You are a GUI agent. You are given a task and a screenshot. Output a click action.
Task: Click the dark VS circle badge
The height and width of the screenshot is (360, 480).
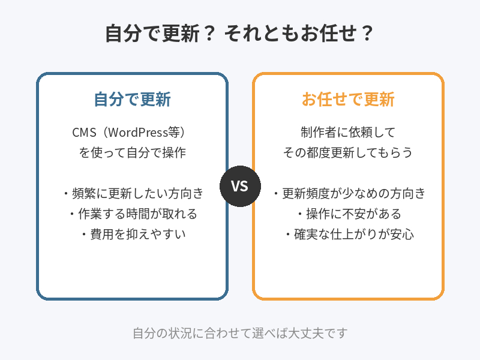pyautogui.click(x=241, y=186)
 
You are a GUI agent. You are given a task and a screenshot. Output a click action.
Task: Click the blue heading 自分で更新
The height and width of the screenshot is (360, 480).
pyautogui.click(x=132, y=99)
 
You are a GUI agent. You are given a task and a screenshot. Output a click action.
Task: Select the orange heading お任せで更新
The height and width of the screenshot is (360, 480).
pyautogui.click(x=348, y=99)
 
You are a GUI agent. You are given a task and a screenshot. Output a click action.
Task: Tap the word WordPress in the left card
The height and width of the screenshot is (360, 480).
pyautogui.click(x=138, y=132)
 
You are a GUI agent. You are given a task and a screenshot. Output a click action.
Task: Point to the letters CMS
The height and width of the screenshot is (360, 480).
pyautogui.click(x=84, y=133)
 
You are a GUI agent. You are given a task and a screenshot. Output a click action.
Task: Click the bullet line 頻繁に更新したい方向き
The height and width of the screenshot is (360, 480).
pyautogui.click(x=133, y=193)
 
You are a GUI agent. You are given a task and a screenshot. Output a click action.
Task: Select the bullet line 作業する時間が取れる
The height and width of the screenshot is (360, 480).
pyautogui.click(x=133, y=214)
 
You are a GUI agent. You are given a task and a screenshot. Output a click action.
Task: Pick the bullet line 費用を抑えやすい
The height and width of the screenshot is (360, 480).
pyautogui.click(x=133, y=234)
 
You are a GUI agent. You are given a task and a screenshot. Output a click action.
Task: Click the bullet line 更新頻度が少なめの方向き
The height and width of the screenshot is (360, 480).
pyautogui.click(x=349, y=193)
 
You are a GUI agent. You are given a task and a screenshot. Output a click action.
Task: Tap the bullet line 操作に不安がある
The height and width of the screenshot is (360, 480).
pyautogui.click(x=349, y=214)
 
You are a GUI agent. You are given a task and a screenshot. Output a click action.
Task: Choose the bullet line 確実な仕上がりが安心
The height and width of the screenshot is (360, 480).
pyautogui.click(x=349, y=234)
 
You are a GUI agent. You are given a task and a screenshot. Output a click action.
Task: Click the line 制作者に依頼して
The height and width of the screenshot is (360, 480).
pyautogui.click(x=348, y=132)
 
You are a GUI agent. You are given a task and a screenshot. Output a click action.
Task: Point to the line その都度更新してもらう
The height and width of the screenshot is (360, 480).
pyautogui.click(x=348, y=152)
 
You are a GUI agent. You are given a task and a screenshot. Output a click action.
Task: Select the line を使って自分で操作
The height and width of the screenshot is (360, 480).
pyautogui.click(x=132, y=152)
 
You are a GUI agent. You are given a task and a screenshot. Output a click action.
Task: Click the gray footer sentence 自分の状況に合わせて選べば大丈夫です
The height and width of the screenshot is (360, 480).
pyautogui.click(x=241, y=333)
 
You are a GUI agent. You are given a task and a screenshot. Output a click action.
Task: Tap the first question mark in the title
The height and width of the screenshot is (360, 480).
pyautogui.click(x=210, y=33)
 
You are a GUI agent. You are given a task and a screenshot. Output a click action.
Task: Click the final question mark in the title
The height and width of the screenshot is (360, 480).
pyautogui.click(x=367, y=33)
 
